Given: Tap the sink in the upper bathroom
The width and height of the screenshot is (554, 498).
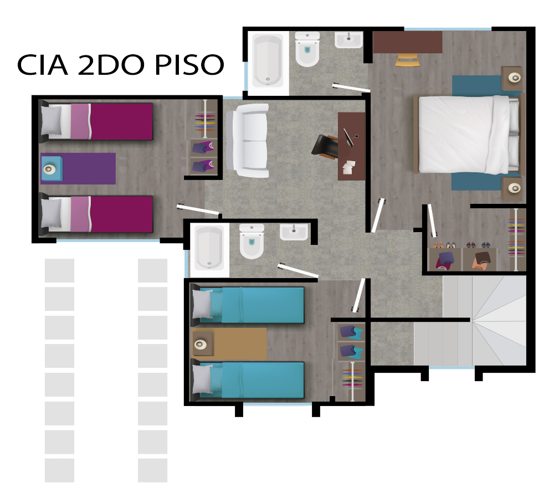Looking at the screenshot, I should [348, 40].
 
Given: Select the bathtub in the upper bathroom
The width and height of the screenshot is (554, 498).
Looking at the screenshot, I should [268, 61].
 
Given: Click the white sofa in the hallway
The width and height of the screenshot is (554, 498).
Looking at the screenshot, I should [247, 141].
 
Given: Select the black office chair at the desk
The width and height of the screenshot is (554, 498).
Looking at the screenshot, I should [325, 146].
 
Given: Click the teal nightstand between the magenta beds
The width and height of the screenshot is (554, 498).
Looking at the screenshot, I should [51, 168].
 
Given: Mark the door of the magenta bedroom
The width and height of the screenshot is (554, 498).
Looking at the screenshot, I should [197, 209].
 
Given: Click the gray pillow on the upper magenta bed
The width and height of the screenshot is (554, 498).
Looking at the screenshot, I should [51, 121].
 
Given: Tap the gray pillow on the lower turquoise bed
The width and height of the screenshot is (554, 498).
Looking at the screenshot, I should [202, 379].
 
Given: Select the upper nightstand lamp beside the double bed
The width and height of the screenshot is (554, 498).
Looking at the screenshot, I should [515, 78].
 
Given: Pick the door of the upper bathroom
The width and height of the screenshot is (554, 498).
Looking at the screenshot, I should [351, 87].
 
